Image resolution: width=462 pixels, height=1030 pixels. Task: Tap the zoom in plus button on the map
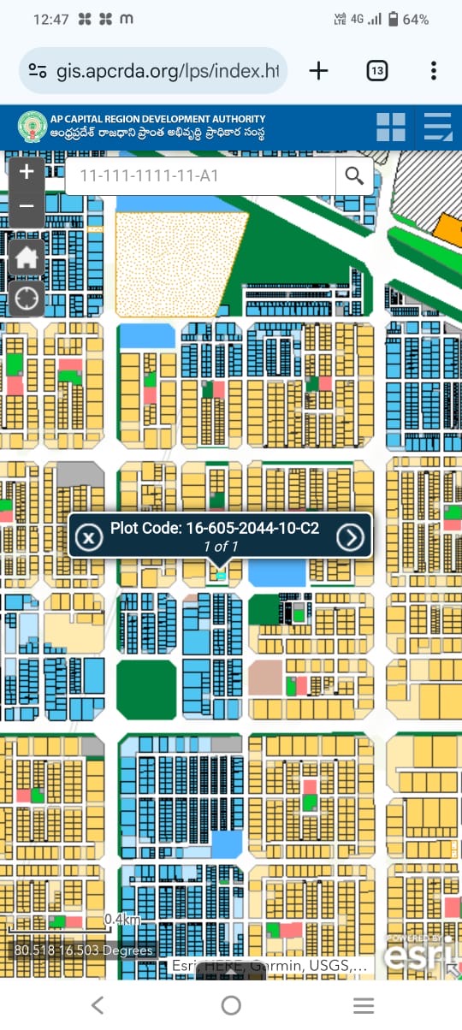27,172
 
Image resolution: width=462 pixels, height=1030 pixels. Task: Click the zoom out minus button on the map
27,206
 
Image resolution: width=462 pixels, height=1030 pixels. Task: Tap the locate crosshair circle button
27,299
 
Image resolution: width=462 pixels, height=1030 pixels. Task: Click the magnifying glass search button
354,176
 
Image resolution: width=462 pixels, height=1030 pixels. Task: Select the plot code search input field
199,176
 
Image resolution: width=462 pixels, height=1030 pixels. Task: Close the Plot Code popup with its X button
88,537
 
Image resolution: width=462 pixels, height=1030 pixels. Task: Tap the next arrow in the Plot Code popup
350,536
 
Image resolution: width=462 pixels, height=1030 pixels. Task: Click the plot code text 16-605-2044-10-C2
214,529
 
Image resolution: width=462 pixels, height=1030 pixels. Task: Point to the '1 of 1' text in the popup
220,547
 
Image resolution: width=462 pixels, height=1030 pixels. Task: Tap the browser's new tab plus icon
318,70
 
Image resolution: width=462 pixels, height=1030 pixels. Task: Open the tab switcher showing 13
376,70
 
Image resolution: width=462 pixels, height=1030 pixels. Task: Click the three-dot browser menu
434,70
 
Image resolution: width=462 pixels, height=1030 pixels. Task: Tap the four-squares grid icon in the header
390,127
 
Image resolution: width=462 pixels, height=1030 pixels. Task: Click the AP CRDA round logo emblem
33,127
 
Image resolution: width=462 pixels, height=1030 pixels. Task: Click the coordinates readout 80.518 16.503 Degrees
84,950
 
